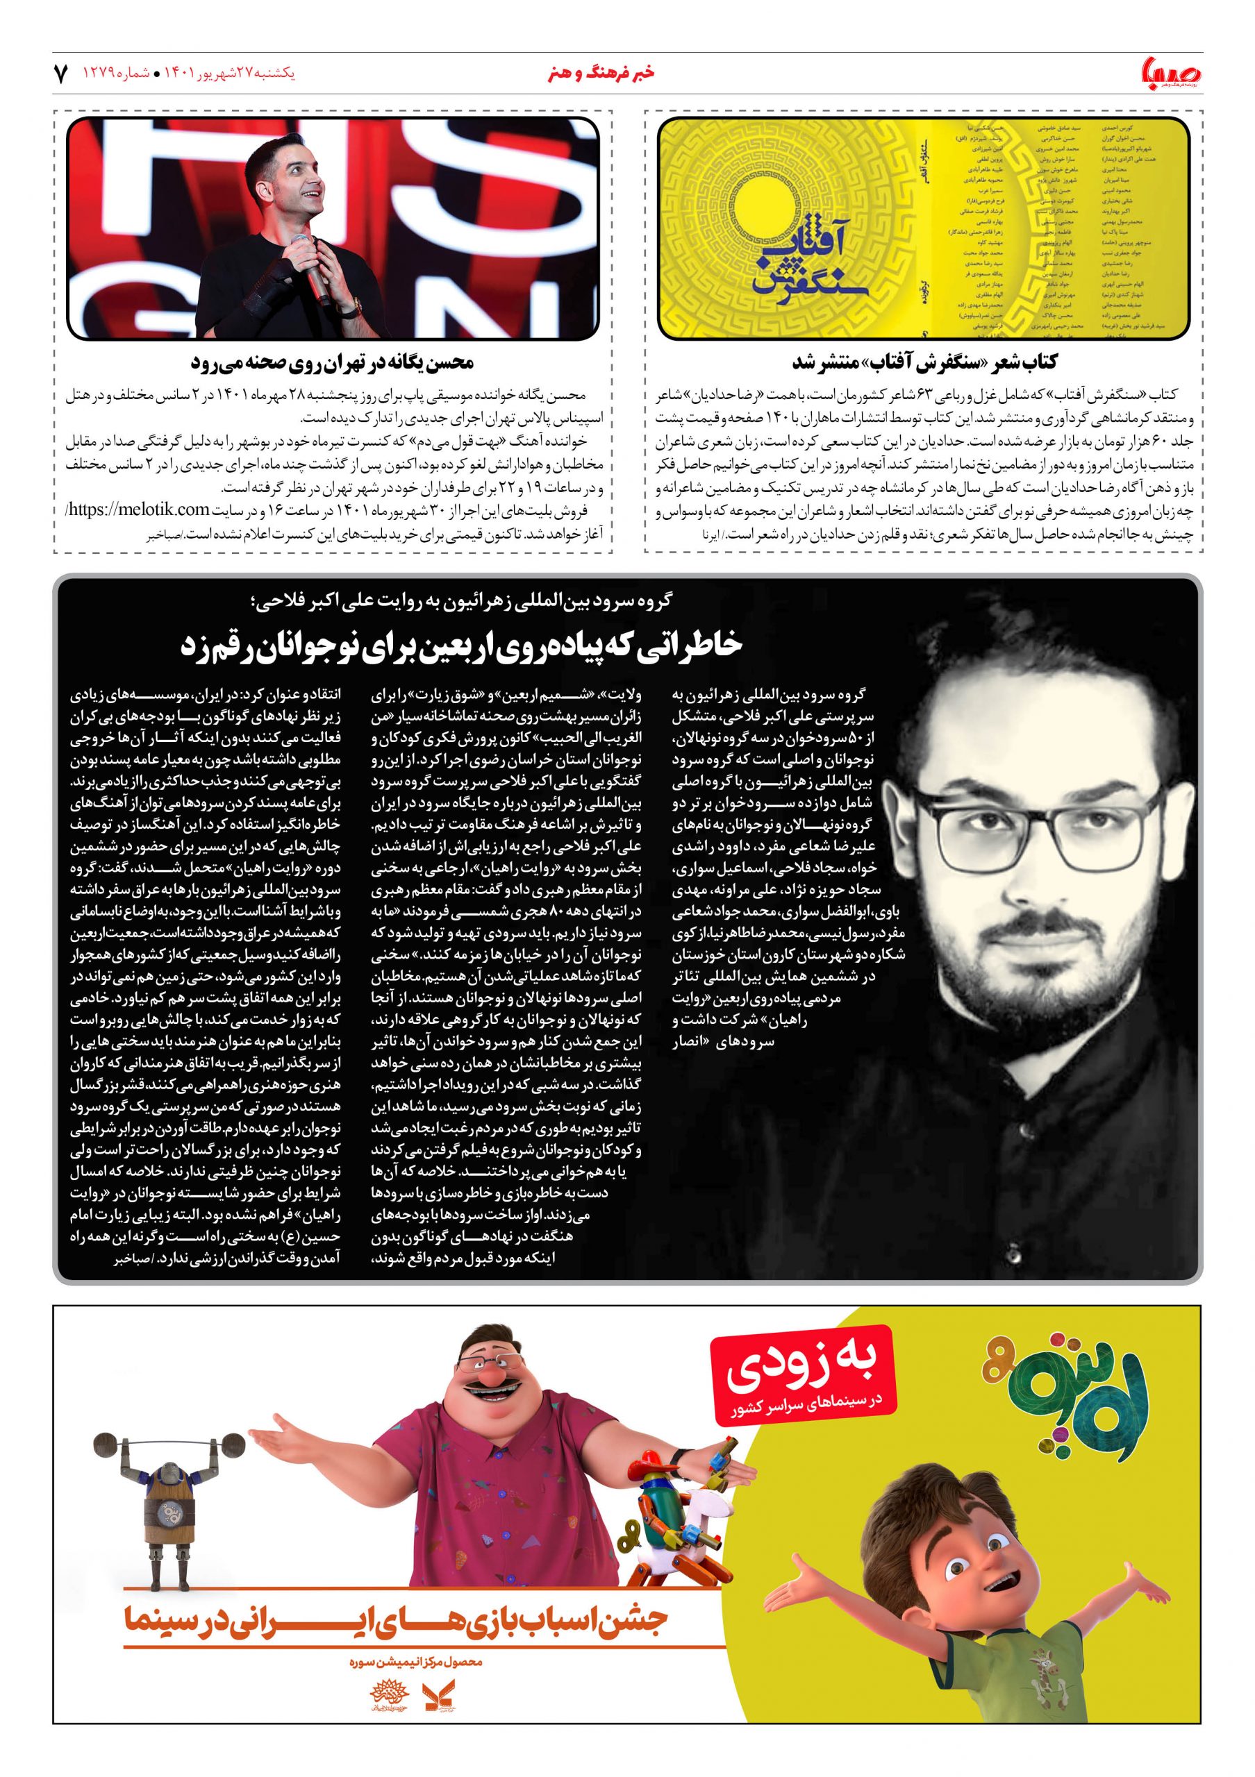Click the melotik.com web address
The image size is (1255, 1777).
tap(163, 509)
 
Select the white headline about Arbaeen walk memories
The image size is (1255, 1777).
tap(460, 645)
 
